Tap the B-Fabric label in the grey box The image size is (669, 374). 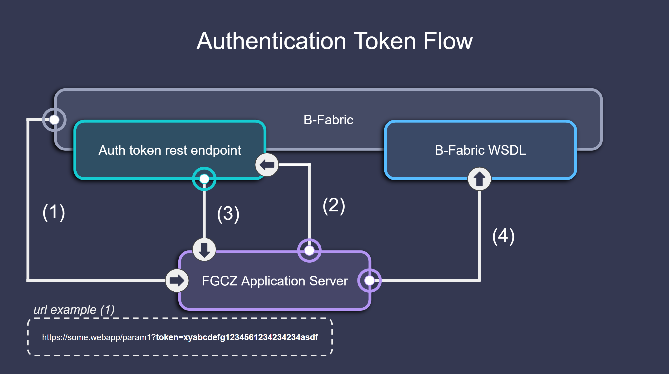pyautogui.click(x=328, y=120)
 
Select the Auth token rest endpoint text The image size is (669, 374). pyautogui.click(x=170, y=150)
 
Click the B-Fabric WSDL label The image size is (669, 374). pyautogui.click(x=480, y=150)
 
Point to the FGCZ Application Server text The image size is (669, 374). pyautogui.click(x=274, y=281)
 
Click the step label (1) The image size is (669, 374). pyautogui.click(x=54, y=212)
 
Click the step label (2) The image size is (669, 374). pyautogui.click(x=334, y=206)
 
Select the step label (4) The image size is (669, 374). pyautogui.click(x=503, y=236)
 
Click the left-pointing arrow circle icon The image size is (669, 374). pyautogui.click(x=267, y=165)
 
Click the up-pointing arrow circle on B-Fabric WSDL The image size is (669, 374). pyautogui.click(x=479, y=179)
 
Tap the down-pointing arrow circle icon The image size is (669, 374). pyautogui.click(x=204, y=250)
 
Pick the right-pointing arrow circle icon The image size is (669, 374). pyautogui.click(x=177, y=280)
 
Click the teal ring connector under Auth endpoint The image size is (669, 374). pyautogui.click(x=204, y=179)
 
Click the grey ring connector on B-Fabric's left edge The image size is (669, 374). pyautogui.click(x=54, y=120)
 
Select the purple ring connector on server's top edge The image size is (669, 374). pyautogui.click(x=309, y=250)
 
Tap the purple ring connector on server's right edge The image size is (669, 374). pyautogui.click(x=369, y=280)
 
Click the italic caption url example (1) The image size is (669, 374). pyautogui.click(x=74, y=310)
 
